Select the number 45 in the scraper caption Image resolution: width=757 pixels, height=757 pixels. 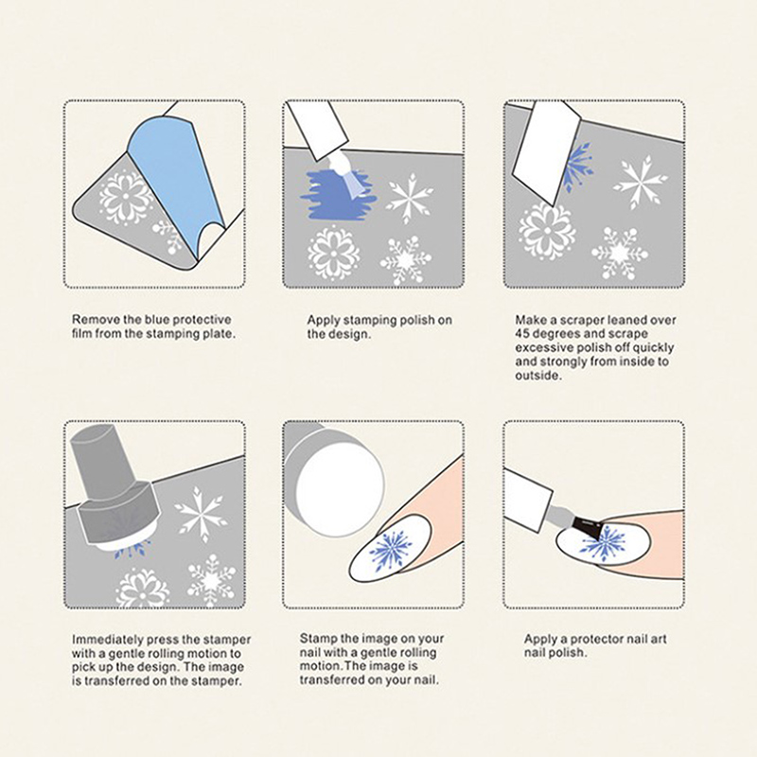[x=523, y=334]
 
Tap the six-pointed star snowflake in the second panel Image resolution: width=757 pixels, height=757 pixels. [x=410, y=198]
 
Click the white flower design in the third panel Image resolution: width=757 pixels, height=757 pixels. [x=547, y=231]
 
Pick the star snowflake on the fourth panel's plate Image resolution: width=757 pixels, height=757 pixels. [x=201, y=514]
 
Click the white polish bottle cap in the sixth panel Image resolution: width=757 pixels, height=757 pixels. [x=526, y=500]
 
